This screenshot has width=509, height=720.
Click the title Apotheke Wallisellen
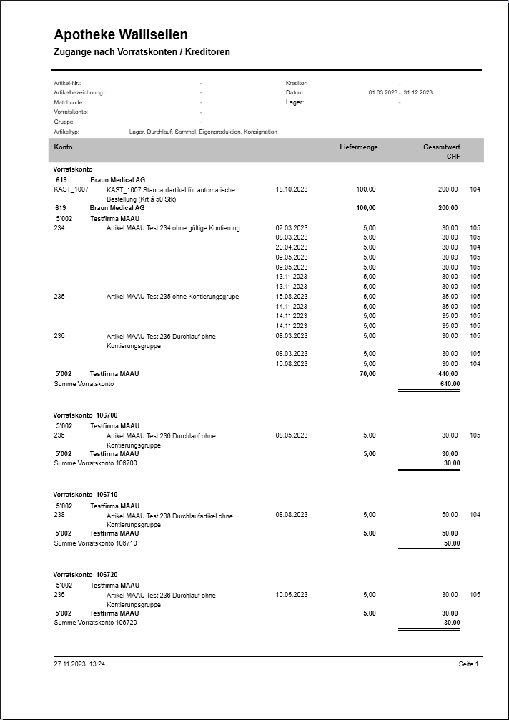[121, 35]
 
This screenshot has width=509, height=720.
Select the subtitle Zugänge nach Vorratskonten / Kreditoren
[142, 52]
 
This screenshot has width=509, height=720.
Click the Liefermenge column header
[359, 147]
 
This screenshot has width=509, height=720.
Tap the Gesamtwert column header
[441, 147]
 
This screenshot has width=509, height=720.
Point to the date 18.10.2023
[292, 189]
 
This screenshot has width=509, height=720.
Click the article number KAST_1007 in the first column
[71, 189]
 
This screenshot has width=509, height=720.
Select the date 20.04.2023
[292, 247]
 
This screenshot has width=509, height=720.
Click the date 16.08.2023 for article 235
[292, 297]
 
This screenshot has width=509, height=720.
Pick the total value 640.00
[450, 384]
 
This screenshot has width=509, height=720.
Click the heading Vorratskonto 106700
[85, 415]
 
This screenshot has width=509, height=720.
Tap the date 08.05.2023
[292, 435]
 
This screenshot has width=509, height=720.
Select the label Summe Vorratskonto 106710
[95, 543]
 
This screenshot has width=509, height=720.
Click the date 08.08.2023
[292, 515]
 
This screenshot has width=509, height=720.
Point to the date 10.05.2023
[292, 595]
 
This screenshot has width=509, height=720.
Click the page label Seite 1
[468, 664]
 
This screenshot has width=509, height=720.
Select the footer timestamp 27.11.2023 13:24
[79, 664]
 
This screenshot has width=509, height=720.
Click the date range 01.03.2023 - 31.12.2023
[400, 93]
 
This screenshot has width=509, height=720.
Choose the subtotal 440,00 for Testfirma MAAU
[448, 374]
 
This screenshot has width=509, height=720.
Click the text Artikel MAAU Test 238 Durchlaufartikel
[169, 516]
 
